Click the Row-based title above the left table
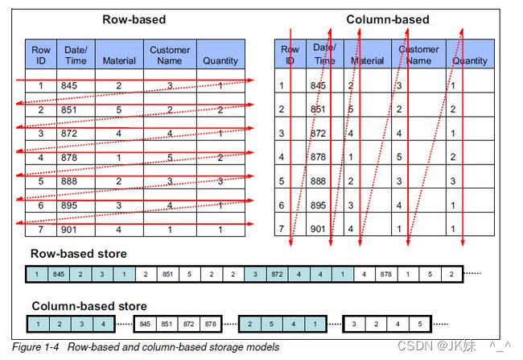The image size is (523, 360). (134, 19)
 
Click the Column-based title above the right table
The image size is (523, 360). (387, 19)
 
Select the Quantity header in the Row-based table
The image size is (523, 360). (220, 60)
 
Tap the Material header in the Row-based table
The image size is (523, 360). (119, 60)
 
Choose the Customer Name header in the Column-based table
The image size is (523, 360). (418, 55)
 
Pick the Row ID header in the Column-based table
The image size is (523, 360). (290, 55)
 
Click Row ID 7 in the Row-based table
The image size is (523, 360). (40, 229)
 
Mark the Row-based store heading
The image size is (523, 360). (78, 254)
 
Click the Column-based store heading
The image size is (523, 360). (89, 306)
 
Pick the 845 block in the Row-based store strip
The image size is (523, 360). (58, 275)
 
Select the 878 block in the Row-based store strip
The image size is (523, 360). (385, 275)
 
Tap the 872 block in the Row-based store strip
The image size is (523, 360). (276, 275)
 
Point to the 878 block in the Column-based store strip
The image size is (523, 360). (210, 325)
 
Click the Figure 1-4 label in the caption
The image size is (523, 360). (37, 347)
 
